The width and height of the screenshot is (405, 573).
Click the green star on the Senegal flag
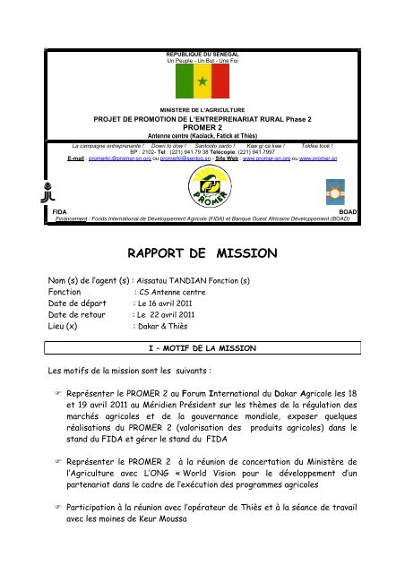[202, 82]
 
